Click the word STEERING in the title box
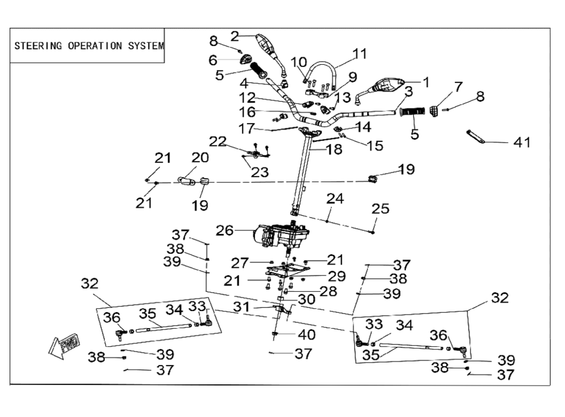tap(38, 46)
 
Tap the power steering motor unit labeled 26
tap(281, 235)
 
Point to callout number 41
tap(522, 142)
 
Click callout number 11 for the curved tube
tap(360, 54)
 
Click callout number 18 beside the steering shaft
tap(334, 149)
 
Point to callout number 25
tap(380, 209)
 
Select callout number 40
tap(307, 335)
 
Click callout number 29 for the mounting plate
tap(337, 276)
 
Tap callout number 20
tap(200, 158)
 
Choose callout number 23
tap(260, 172)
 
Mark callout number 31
tap(241, 307)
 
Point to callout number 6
tap(213, 60)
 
